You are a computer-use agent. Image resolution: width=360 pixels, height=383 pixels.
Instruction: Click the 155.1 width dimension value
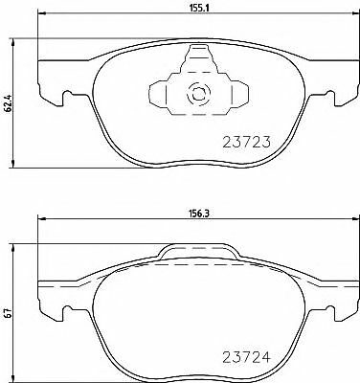[x=200, y=8]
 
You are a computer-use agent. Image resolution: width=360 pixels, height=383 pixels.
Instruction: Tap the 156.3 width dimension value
[x=199, y=214]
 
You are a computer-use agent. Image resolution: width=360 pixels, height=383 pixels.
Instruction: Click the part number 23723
[x=246, y=142]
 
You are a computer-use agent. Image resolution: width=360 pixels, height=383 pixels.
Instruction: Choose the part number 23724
[x=246, y=357]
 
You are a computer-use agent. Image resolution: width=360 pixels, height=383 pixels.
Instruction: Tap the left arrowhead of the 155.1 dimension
[x=42, y=13]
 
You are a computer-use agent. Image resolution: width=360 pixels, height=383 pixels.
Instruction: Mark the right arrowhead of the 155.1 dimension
[x=354, y=13]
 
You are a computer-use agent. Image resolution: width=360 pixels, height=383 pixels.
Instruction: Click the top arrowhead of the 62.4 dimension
[x=13, y=42]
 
